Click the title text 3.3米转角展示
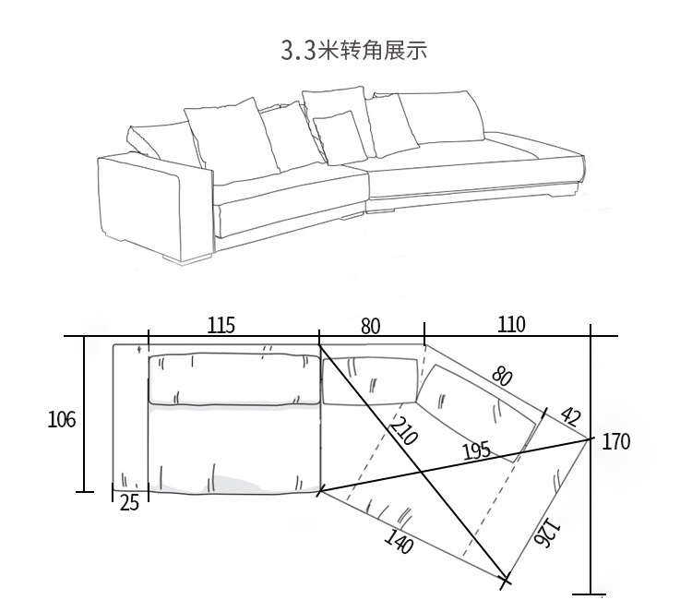(x=354, y=50)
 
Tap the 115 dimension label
(x=221, y=326)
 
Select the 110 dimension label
(x=511, y=325)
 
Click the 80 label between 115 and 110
(x=370, y=327)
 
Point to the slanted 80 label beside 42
(x=503, y=377)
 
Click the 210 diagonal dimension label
(x=403, y=430)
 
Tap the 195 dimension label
(x=476, y=451)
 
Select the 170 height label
(x=616, y=441)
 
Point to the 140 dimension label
(x=400, y=541)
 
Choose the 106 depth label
(x=61, y=419)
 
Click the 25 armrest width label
(x=129, y=503)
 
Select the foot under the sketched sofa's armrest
(x=186, y=258)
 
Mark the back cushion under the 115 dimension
(x=234, y=378)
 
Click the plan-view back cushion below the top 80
(x=370, y=380)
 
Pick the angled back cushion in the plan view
(x=477, y=413)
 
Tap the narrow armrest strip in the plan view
(x=131, y=417)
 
